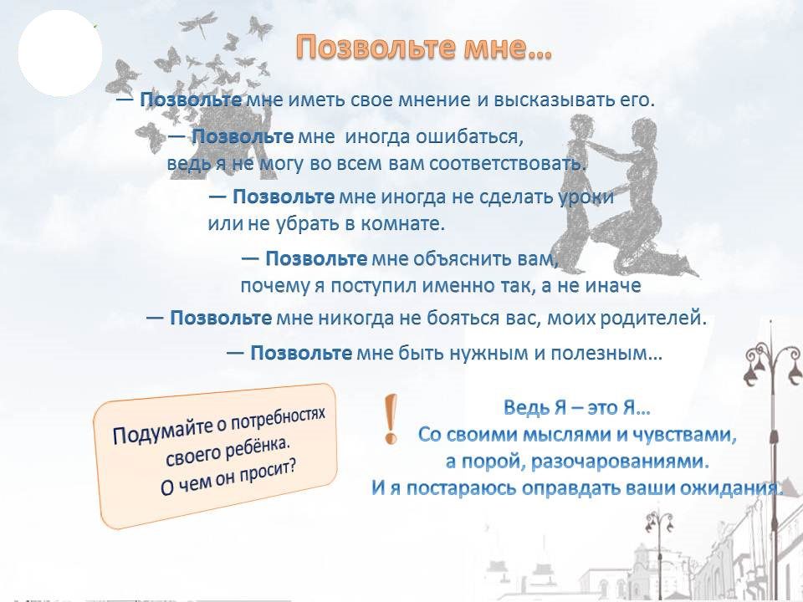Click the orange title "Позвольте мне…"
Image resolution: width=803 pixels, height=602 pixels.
click(x=423, y=48)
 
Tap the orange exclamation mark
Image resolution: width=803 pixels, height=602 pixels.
click(x=391, y=419)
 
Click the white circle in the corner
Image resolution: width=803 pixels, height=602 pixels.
click(x=60, y=54)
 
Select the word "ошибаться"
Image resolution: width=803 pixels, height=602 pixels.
click(x=469, y=136)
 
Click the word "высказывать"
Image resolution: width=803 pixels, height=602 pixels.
click(x=554, y=99)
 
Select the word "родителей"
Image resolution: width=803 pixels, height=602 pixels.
click(x=652, y=318)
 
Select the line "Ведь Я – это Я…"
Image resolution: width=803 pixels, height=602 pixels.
click(x=577, y=407)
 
